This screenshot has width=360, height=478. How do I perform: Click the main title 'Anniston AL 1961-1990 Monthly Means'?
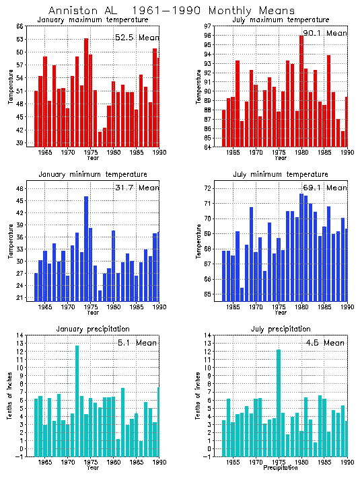point(172,11)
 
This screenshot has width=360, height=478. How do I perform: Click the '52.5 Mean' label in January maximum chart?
point(137,38)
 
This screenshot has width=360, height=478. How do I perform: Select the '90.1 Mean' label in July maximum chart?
point(324,33)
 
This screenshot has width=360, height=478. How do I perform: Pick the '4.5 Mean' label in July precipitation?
point(324,342)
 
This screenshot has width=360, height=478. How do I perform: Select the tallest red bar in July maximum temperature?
point(301,91)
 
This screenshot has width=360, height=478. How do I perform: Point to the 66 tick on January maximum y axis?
point(20,26)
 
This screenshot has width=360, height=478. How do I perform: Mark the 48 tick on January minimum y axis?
point(20,189)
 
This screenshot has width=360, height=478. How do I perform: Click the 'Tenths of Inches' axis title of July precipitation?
point(199,397)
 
